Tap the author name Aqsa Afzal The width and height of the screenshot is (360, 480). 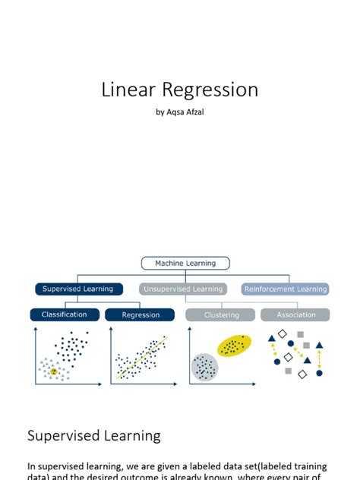[x=185, y=112]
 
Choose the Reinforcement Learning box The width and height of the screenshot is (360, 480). [x=286, y=289]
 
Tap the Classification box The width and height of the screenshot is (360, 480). [x=64, y=314]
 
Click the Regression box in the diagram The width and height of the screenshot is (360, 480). [x=141, y=314]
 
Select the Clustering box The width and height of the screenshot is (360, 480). [x=221, y=314]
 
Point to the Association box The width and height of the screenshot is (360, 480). [x=295, y=314]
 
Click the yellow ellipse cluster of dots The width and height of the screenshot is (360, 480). [x=235, y=345]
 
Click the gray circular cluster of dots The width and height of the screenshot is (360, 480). [x=204, y=368]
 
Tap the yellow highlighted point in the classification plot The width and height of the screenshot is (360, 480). [x=54, y=372]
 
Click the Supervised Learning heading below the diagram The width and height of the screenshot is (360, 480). [x=93, y=436]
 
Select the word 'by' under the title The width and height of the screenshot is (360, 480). [x=159, y=112]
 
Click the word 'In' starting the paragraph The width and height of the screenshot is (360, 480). [x=31, y=466]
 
